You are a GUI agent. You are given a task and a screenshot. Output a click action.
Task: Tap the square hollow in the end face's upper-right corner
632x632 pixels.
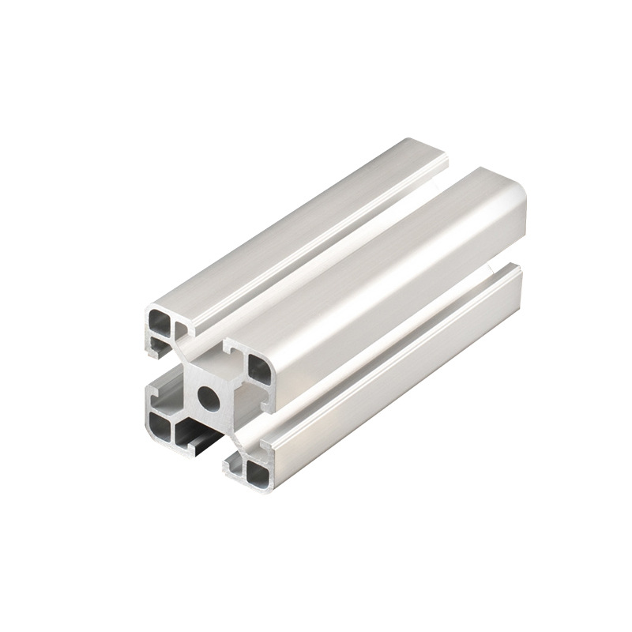click(x=258, y=367)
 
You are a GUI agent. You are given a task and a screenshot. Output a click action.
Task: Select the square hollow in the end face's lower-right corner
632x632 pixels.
click(x=257, y=471)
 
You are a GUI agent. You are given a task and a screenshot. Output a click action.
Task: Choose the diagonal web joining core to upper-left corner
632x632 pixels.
click(x=186, y=352)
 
